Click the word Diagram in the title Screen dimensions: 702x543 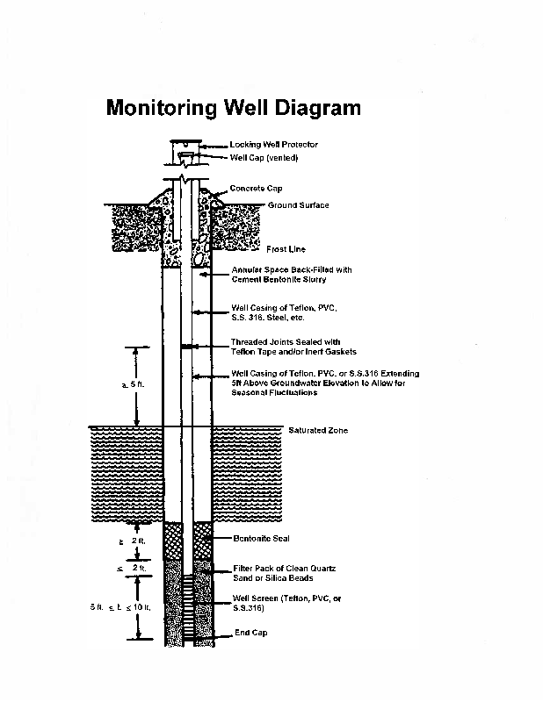coord(317,109)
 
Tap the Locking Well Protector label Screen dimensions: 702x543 coord(273,144)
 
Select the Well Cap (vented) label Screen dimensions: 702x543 coord(264,158)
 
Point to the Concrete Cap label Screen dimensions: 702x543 coord(256,189)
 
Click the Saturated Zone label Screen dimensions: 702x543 coord(318,431)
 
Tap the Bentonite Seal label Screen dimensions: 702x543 coord(261,538)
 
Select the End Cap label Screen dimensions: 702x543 coord(250,633)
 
